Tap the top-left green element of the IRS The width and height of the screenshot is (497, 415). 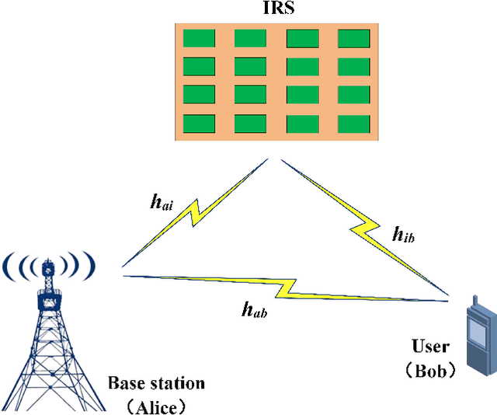tap(198, 39)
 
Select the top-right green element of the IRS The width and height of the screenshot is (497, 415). tap(353, 39)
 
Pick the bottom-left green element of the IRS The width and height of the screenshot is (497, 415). tap(198, 124)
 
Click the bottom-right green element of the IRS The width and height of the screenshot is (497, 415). tap(353, 124)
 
